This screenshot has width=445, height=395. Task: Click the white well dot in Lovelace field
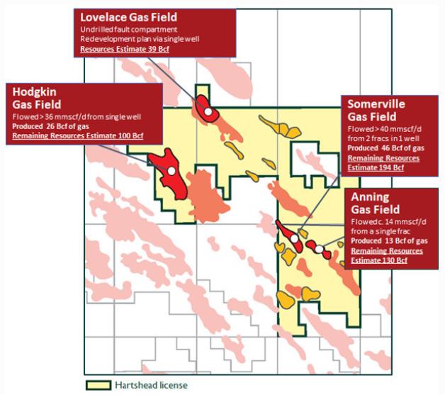pyautogui.click(x=206, y=111)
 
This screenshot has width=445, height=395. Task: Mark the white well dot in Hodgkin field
pyautogui.click(x=171, y=171)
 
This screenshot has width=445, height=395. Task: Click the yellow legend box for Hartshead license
pyautogui.click(x=96, y=386)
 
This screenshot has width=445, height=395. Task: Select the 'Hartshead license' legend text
pyautogui.click(x=146, y=386)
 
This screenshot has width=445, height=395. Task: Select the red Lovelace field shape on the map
pyautogui.click(x=202, y=105)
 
